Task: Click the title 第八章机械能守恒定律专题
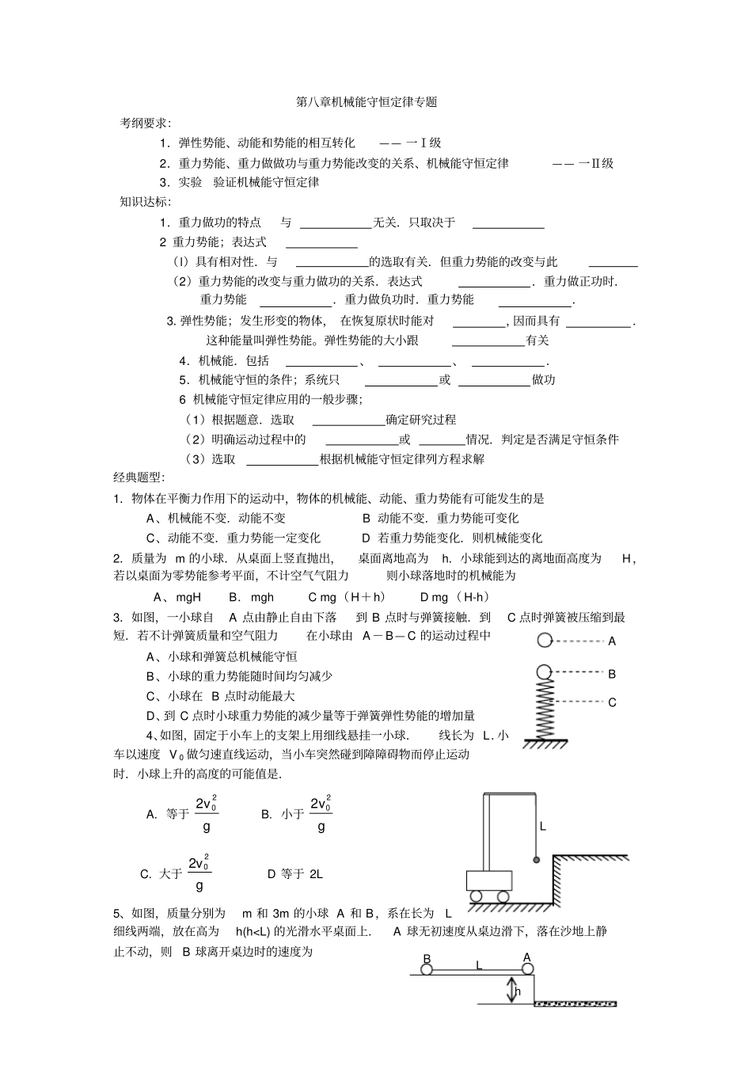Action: tap(366, 102)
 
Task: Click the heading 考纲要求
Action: tap(145, 123)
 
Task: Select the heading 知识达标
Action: tap(145, 202)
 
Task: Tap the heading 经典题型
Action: tap(139, 478)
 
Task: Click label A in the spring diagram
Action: tap(612, 642)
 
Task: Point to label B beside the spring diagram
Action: tap(612, 675)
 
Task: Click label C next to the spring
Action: tap(612, 702)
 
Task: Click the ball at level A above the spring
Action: tap(544, 641)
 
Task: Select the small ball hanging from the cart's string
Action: tap(536, 860)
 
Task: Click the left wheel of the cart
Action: tap(476, 896)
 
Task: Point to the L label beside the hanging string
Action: tap(543, 826)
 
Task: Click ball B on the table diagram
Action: tap(427, 968)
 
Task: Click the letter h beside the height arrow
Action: tap(518, 991)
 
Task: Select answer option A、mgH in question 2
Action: tap(177, 597)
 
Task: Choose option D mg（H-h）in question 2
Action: tap(455, 597)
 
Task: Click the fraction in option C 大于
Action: tap(199, 873)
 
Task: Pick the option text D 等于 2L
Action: tap(295, 874)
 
